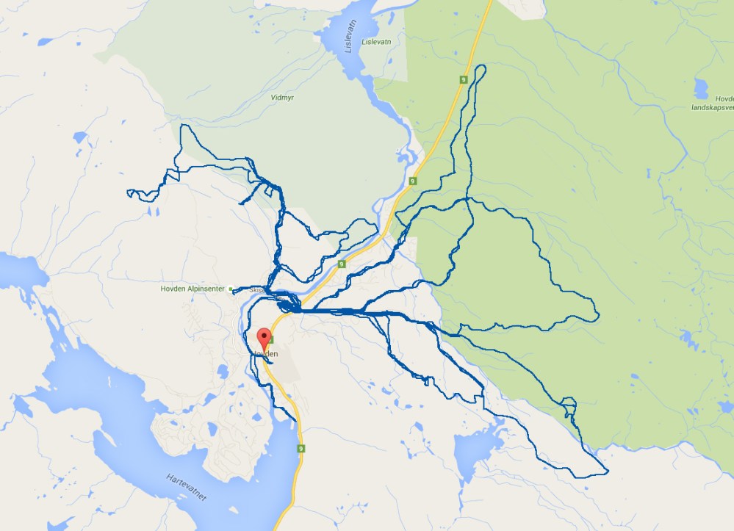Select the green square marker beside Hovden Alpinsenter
pyautogui.click(x=231, y=289)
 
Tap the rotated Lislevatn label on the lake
pyautogui.click(x=350, y=36)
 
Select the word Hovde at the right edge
pyautogui.click(x=724, y=98)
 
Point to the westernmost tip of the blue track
pyautogui.click(x=129, y=193)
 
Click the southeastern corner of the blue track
pyautogui.click(x=607, y=471)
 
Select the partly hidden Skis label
pyautogui.click(x=257, y=290)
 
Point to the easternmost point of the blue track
pyautogui.click(x=599, y=316)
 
